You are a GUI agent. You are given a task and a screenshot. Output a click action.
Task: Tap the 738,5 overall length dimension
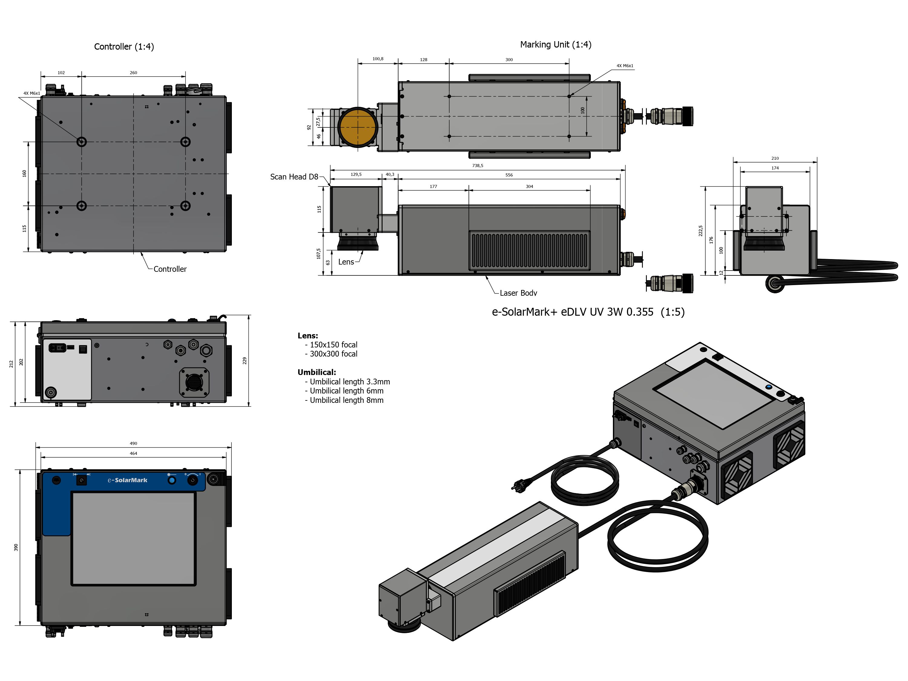(x=477, y=166)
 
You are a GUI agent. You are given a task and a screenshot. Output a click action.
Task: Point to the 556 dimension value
(x=509, y=175)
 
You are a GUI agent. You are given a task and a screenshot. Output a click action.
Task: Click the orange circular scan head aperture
(x=357, y=127)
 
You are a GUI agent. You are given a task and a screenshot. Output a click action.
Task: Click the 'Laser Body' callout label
(x=518, y=293)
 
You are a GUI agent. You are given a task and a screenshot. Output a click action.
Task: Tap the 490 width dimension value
(x=133, y=444)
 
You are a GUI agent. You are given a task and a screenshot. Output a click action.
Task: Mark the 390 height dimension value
(x=16, y=547)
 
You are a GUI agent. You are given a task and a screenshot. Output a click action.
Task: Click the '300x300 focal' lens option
(x=333, y=354)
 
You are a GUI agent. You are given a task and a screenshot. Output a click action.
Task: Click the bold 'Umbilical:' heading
(x=317, y=372)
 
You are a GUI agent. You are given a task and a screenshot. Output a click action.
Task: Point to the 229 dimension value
(x=245, y=361)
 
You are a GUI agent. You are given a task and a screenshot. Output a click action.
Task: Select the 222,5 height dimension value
(x=701, y=231)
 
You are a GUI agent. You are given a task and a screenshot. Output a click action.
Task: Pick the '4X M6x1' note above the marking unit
(x=624, y=66)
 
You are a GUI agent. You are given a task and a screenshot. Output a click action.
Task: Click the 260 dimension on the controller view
(x=133, y=73)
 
